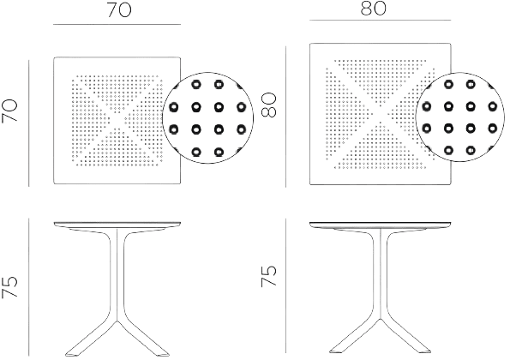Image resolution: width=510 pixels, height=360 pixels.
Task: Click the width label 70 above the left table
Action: click(x=119, y=9)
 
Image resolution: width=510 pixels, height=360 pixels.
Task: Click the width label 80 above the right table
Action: click(x=373, y=9)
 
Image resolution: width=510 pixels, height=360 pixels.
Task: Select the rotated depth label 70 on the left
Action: click(x=9, y=111)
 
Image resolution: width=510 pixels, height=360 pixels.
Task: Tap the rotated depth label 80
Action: click(x=268, y=105)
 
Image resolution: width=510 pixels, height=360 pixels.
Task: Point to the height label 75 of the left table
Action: click(x=9, y=287)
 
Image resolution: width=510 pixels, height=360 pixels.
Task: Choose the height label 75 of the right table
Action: click(x=268, y=276)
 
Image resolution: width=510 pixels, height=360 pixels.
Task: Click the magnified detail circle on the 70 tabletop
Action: click(x=207, y=73)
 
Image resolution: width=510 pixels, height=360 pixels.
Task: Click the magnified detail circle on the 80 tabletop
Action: click(x=460, y=73)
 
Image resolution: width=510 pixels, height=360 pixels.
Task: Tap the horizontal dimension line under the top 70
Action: click(x=117, y=24)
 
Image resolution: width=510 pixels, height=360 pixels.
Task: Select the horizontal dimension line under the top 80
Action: click(x=381, y=21)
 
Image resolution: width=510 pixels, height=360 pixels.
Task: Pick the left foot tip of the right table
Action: click(x=331, y=351)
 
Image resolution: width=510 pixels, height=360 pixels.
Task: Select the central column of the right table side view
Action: click(x=381, y=273)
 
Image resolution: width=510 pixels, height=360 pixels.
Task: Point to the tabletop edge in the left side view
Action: click(x=117, y=224)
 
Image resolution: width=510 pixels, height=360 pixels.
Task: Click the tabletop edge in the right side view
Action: click(x=381, y=224)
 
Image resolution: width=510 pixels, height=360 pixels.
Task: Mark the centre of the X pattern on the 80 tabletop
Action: click(x=380, y=114)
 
